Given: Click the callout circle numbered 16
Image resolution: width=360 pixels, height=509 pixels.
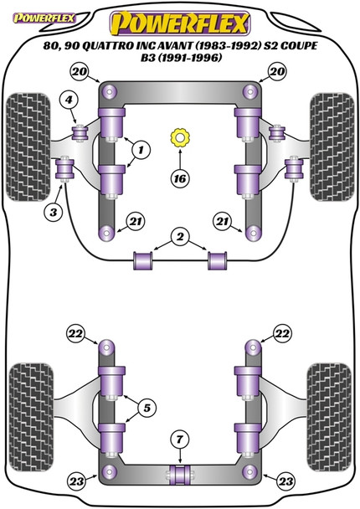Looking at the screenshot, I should coord(179,178).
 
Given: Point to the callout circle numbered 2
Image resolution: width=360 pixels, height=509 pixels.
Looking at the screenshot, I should coord(179,237).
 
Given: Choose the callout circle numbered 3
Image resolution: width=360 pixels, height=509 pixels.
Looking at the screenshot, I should coord(54,213).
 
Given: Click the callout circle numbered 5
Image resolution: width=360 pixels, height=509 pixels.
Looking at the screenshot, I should coord(147,409).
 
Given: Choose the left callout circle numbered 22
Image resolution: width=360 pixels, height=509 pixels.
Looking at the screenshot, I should coord(76,334).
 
